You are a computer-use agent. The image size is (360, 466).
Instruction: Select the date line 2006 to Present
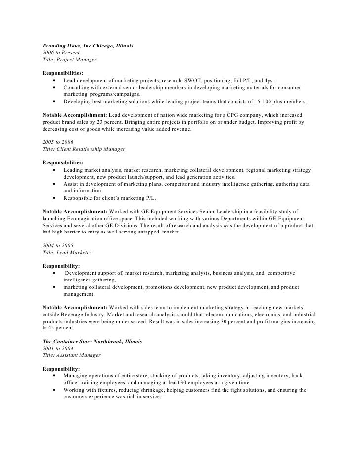point(61,52)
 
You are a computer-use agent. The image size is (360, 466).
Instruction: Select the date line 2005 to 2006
point(58,142)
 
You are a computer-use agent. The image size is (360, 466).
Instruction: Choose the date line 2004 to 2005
point(58,245)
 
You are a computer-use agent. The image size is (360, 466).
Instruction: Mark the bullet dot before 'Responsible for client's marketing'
point(53,198)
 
